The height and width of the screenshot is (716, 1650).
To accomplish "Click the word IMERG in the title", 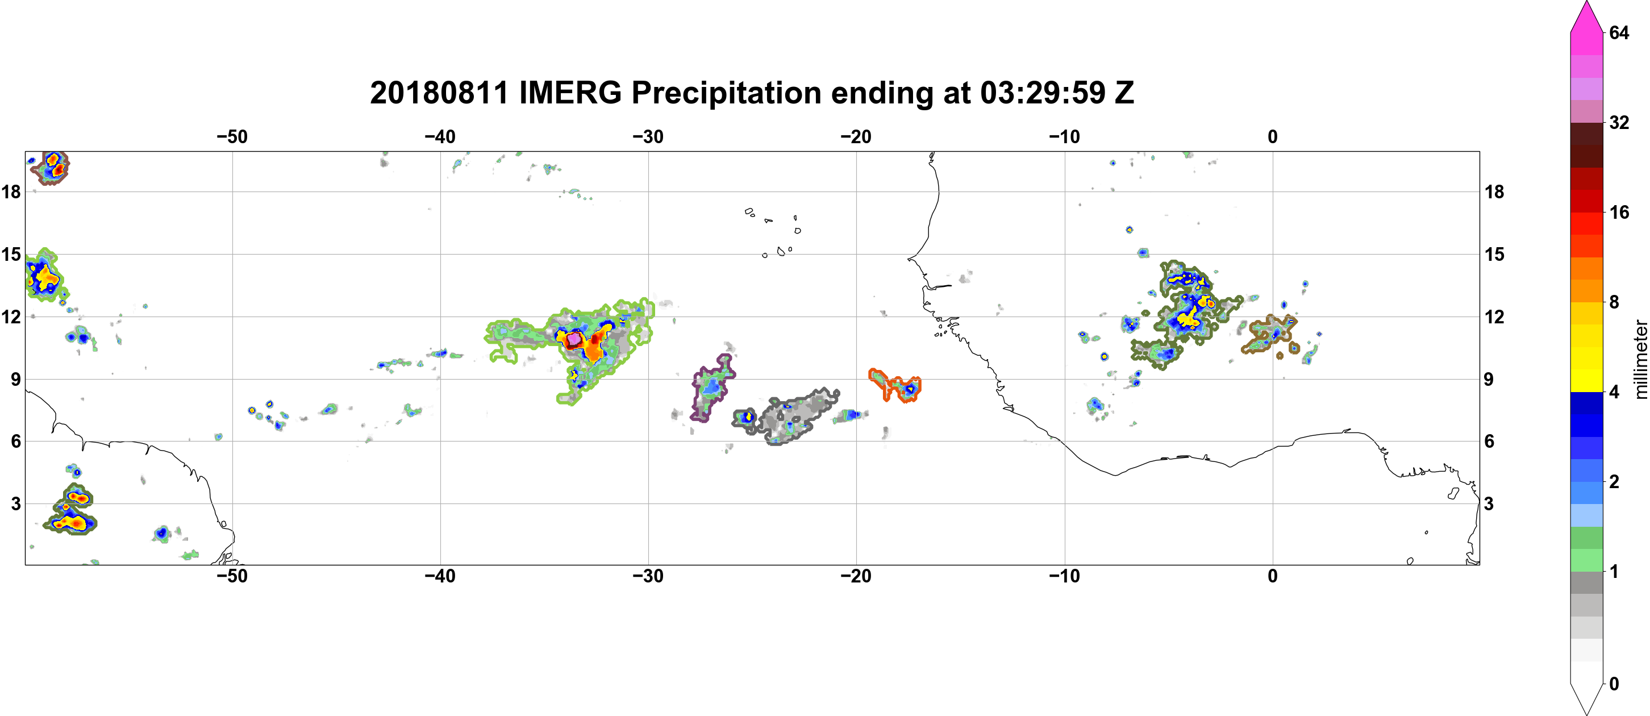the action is point(570,93).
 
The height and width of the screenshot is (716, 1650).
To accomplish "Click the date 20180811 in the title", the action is point(439,93).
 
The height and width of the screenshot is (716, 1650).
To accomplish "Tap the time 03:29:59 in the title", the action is point(1043,93).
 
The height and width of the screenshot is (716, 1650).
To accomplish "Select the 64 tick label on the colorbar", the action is point(1619,32).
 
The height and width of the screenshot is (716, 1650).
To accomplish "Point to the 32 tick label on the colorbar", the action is point(1619,122).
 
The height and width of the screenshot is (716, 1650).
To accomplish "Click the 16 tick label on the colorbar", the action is point(1619,212).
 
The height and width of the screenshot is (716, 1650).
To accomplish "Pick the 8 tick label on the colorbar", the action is point(1614,302).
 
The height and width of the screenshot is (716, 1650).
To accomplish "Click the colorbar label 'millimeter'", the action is point(1640,360).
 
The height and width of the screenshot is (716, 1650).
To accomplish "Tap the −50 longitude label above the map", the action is point(232,136).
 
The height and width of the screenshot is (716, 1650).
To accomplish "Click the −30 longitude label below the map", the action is point(648,576).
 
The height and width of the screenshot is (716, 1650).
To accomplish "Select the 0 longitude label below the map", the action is point(1273,576).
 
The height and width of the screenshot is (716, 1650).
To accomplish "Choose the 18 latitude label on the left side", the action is point(11,192).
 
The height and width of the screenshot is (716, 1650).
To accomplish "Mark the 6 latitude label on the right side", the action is point(1490,442).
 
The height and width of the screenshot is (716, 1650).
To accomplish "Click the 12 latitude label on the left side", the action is point(11,317).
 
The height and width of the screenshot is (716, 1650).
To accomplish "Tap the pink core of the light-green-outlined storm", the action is point(574,338).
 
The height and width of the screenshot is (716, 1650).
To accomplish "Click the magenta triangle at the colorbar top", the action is point(1586,16).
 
